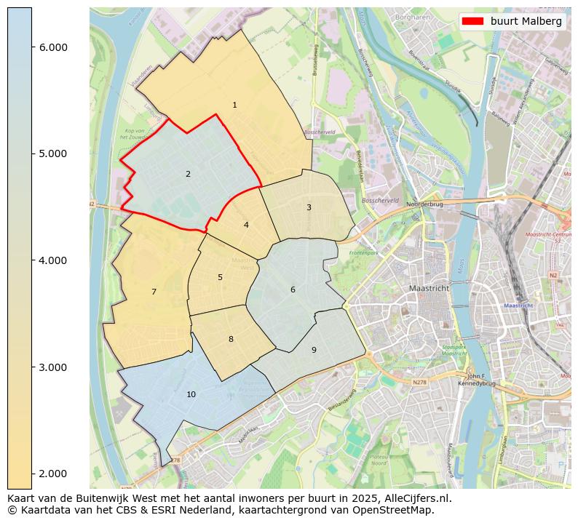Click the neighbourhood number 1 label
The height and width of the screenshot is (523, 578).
(234, 105)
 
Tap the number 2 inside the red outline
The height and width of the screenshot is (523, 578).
(188, 174)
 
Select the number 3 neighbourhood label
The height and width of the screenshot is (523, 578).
(309, 207)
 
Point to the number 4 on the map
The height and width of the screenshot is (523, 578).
(246, 225)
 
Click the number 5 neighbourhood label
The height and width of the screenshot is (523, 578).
(220, 277)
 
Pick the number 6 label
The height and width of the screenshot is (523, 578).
(293, 290)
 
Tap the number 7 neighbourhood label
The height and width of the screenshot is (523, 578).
(154, 292)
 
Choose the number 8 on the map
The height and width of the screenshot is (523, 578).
(231, 339)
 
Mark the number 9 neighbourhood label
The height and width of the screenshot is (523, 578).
(314, 350)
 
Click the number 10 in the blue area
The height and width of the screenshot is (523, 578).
(191, 394)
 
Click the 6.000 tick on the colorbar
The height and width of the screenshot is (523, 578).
(52, 47)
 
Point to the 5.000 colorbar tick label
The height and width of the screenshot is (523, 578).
(52, 153)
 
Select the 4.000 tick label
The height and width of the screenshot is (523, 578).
(52, 260)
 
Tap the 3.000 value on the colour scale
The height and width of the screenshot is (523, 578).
(52, 367)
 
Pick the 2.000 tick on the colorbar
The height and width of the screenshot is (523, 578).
(52, 474)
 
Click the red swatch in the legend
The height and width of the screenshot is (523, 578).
(472, 21)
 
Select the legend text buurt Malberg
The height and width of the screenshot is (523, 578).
(526, 21)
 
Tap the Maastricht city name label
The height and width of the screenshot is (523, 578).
(429, 288)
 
